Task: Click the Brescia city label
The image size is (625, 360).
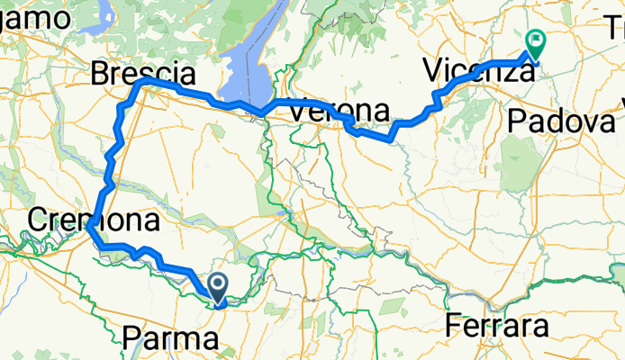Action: pyautogui.click(x=143, y=73)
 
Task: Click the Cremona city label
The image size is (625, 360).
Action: pyautogui.click(x=95, y=219)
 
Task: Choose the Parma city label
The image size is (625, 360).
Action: pyautogui.click(x=170, y=339)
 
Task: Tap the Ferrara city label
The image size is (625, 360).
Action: pyautogui.click(x=497, y=325)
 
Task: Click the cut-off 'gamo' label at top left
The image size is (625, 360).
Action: pyautogui.click(x=35, y=17)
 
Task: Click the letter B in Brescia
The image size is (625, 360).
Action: pyautogui.click(x=102, y=73)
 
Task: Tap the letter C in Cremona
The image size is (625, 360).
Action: pyautogui.click(x=39, y=219)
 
